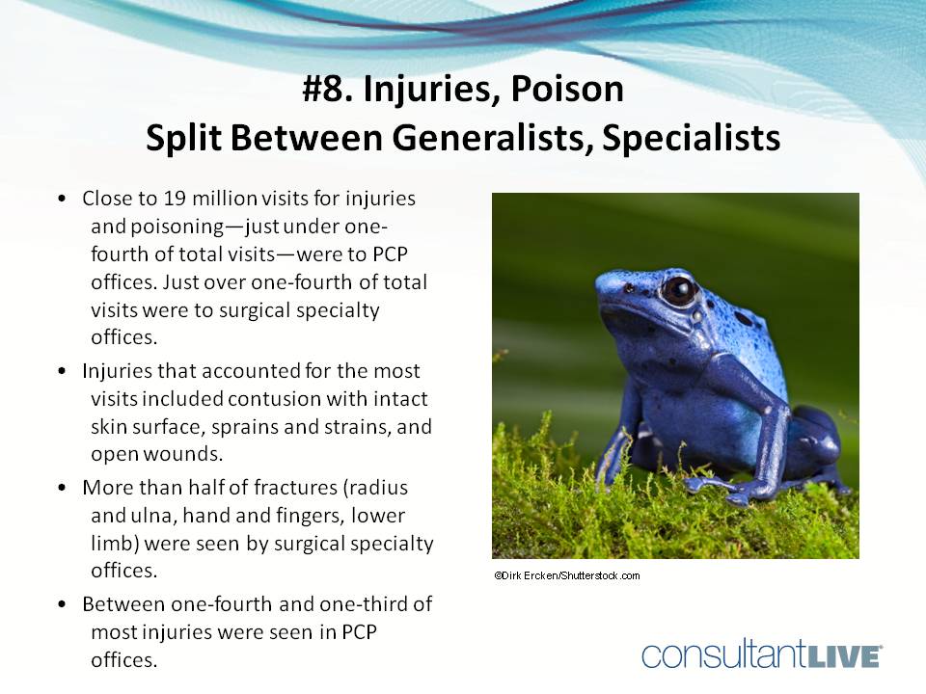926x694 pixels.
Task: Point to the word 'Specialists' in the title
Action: tap(691, 138)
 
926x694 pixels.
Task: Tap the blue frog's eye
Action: tap(679, 289)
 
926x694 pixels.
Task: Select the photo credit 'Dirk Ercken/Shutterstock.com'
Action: tap(566, 575)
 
